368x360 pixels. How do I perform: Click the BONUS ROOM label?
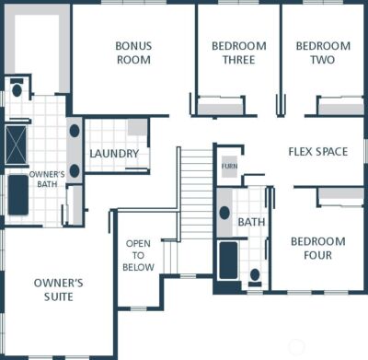[133, 52]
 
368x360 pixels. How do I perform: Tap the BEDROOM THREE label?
[238, 52]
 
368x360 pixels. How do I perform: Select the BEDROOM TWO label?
[323, 52]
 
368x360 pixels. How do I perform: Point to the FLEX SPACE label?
[318, 151]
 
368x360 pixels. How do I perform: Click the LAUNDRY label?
[113, 154]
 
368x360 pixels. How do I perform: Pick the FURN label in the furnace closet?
[229, 168]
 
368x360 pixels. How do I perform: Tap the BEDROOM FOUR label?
[317, 248]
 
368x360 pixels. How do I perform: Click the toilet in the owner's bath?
[17, 90]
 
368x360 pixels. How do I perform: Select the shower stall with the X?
[17, 143]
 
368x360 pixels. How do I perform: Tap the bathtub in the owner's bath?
[18, 194]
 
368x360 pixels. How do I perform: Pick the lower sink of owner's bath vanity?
[75, 170]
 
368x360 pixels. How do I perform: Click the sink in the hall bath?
[225, 213]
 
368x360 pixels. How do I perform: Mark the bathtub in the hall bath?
[228, 259]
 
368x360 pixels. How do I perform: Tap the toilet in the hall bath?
[255, 273]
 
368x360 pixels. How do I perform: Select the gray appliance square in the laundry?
[137, 128]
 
